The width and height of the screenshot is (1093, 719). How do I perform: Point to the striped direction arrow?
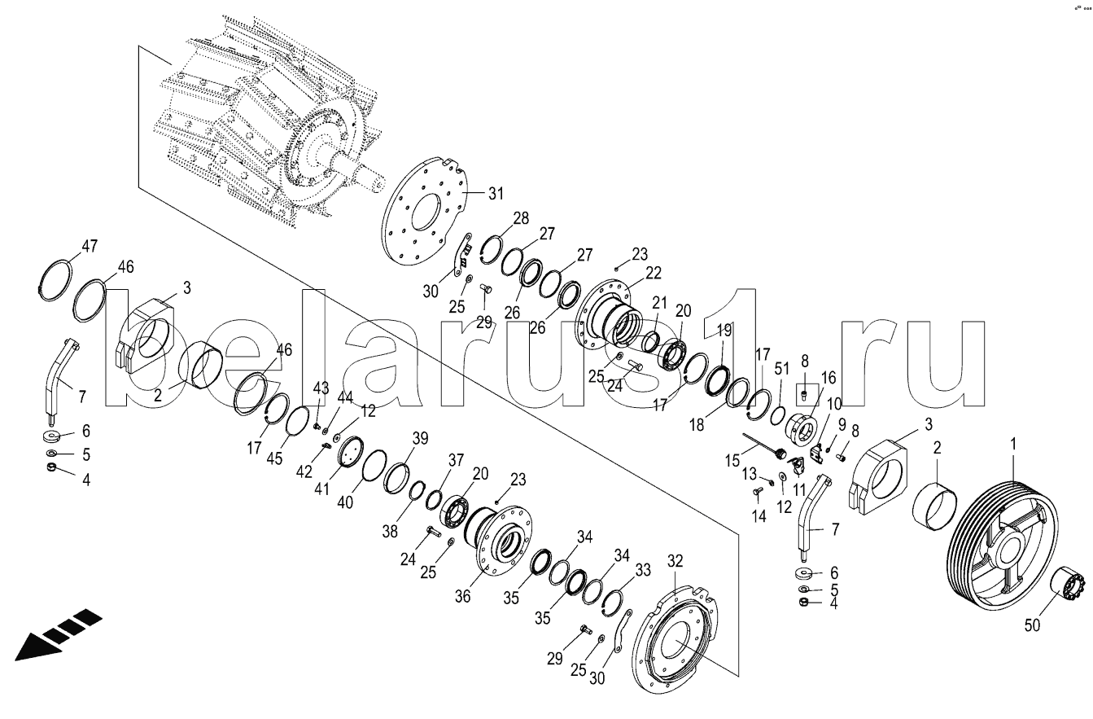coord(57,634)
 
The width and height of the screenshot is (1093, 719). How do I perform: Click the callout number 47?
coord(90,246)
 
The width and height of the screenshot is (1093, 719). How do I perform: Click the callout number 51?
coord(782,368)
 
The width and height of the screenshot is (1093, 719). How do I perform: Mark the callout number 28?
coord(521,218)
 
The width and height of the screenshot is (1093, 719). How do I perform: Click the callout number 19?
coord(724,331)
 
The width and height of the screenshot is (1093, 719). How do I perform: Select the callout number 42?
coord(305,471)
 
